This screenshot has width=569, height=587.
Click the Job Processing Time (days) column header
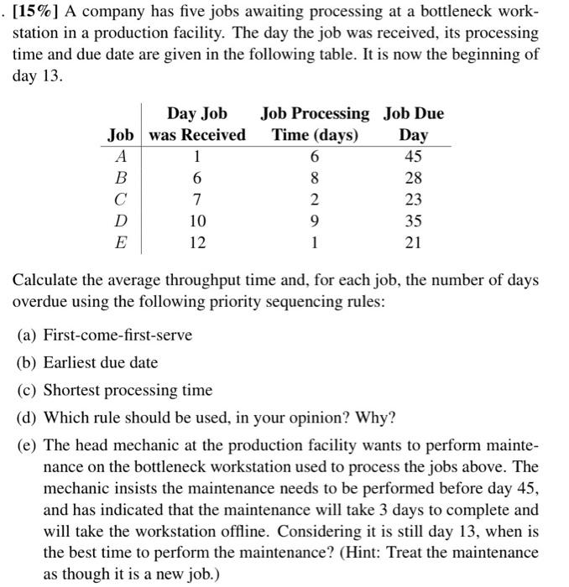tap(315, 124)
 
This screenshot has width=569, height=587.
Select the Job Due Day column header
tap(413, 124)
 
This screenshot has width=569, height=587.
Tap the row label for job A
tap(122, 157)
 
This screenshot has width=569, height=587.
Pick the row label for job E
tap(122, 244)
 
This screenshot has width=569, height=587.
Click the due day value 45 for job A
tap(413, 157)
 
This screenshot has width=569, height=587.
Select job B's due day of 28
tap(413, 179)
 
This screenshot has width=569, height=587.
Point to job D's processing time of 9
tap(315, 222)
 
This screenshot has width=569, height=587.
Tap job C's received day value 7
tap(197, 200)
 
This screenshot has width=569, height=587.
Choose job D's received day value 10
tap(197, 222)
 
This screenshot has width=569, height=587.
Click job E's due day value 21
tap(413, 244)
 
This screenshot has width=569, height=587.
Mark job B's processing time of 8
tap(315, 179)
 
